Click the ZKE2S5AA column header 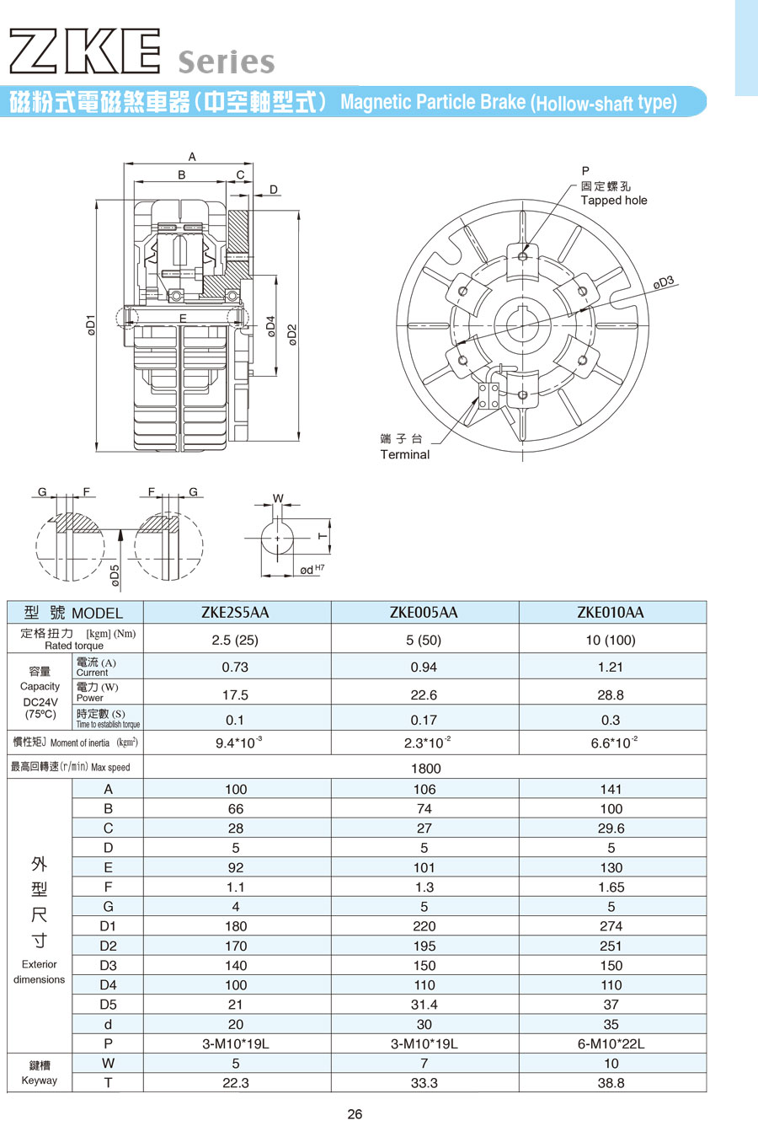point(235,613)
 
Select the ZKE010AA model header point(611,613)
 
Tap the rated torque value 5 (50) point(424,640)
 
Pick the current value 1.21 point(611,667)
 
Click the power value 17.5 point(235,695)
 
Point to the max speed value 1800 point(425,768)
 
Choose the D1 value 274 point(611,926)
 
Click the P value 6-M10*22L point(611,1043)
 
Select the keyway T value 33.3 point(424,1083)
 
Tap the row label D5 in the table point(108,1005)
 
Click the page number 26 point(355,1114)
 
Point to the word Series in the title point(227,62)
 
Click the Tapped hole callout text point(614,201)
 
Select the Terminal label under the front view point(404,454)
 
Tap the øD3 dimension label point(664,283)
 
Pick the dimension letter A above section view point(192,157)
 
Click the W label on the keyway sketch point(278,498)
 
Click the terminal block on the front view point(488,394)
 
